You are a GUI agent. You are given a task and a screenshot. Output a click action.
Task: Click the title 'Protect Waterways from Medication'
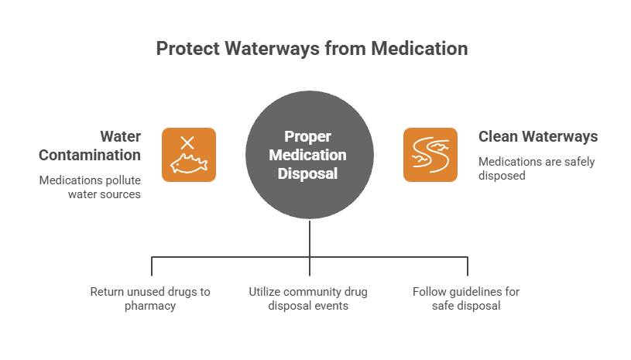(312, 49)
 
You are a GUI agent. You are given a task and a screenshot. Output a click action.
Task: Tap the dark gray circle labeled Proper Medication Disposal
(310, 155)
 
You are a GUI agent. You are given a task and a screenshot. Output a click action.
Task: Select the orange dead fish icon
(188, 155)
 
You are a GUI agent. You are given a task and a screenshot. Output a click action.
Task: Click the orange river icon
(430, 155)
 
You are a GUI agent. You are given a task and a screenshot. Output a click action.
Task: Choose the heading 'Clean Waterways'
(538, 137)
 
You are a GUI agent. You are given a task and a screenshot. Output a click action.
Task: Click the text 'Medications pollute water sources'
(90, 187)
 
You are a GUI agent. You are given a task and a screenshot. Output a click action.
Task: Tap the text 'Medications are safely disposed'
(526, 168)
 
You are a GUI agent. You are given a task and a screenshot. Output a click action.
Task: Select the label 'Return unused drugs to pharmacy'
(150, 299)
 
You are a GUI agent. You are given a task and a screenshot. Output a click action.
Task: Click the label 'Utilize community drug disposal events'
(308, 299)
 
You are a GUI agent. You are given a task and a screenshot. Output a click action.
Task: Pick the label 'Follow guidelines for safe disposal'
(466, 299)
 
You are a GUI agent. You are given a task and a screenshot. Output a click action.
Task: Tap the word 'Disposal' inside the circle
(310, 173)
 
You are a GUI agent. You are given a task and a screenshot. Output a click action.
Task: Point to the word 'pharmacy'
(150, 306)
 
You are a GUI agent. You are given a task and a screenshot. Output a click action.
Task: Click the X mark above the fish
(187, 142)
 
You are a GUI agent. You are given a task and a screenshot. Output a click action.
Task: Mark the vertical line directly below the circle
(310, 238)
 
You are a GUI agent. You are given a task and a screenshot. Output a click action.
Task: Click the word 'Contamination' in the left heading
(90, 155)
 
